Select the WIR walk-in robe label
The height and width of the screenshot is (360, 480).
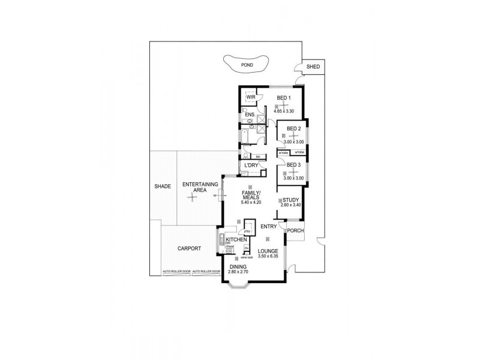pyautogui.click(x=251, y=97)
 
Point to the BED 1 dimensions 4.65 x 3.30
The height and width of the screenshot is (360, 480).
pyautogui.click(x=284, y=111)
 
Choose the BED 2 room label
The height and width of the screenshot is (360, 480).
pyautogui.click(x=293, y=128)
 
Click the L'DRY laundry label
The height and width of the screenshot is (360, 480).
pyautogui.click(x=251, y=165)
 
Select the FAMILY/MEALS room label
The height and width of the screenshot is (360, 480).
pyautogui.click(x=251, y=196)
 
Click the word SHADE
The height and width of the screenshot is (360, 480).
pyautogui.click(x=163, y=187)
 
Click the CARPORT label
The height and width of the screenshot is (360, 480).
pyautogui.click(x=189, y=248)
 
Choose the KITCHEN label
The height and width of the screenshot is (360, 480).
pyautogui.click(x=236, y=239)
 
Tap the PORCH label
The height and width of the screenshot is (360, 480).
pyautogui.click(x=295, y=230)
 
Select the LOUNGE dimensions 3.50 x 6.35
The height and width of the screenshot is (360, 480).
pyautogui.click(x=270, y=257)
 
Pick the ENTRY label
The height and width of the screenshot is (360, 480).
pyautogui.click(x=268, y=226)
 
